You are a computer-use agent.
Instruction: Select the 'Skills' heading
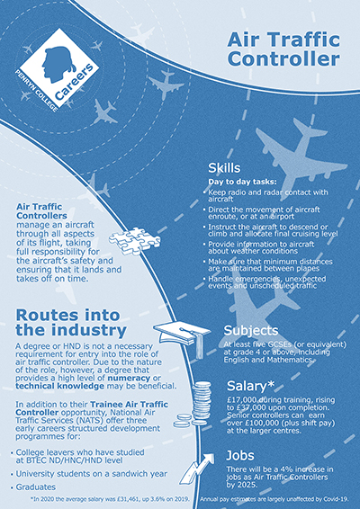pyautogui.click(x=224, y=168)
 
